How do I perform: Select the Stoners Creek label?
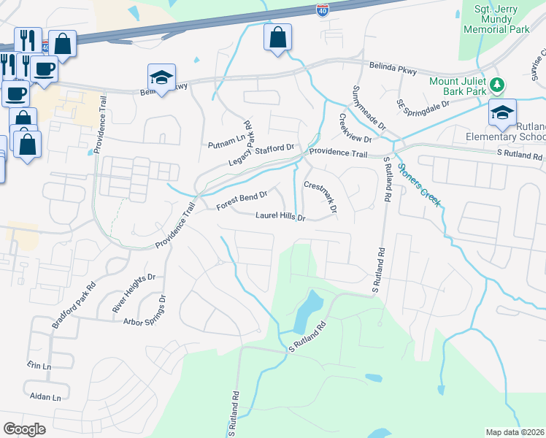pyautogui.click(x=419, y=185)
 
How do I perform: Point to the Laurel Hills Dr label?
pyautogui.click(x=280, y=216)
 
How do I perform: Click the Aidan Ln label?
pyautogui.click(x=45, y=397)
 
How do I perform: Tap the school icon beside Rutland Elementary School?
pyautogui.click(x=502, y=112)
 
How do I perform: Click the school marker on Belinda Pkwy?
pyautogui.click(x=162, y=77)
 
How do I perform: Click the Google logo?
pyautogui.click(x=24, y=429)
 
